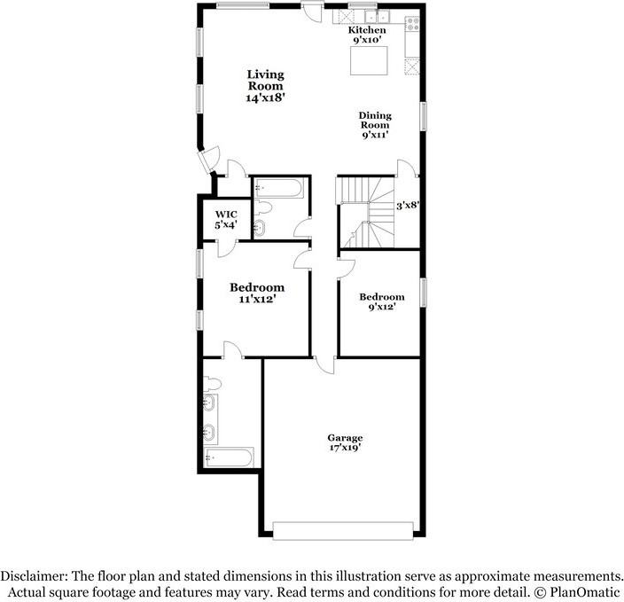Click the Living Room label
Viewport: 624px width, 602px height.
click(265, 86)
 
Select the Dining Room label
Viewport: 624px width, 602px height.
click(374, 125)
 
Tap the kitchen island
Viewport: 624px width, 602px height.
click(371, 62)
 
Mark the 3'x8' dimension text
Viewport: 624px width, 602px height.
click(407, 205)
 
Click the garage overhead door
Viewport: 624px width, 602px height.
click(344, 530)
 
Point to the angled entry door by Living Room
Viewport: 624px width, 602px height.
click(207, 161)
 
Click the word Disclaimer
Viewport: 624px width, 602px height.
click(33, 575)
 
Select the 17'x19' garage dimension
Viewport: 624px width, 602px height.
click(345, 449)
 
